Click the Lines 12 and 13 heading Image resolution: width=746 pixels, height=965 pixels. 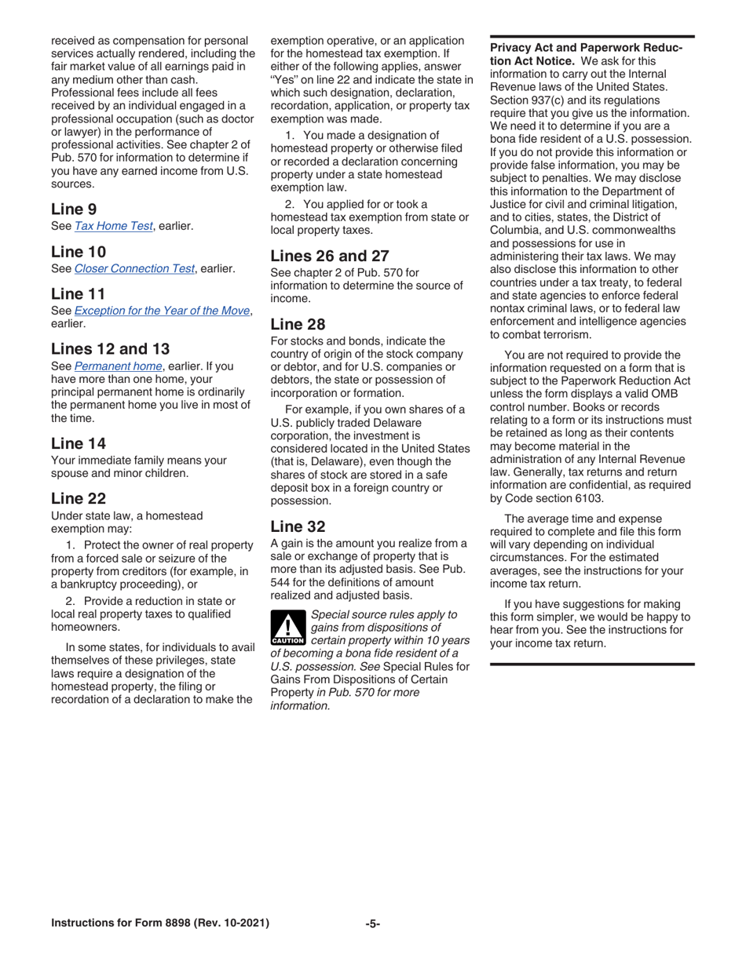pyautogui.click(x=110, y=348)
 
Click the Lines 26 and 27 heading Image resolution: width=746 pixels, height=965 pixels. pyautogui.click(x=330, y=255)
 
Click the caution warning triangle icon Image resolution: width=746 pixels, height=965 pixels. pyautogui.click(x=287, y=627)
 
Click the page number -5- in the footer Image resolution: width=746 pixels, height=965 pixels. pyautogui.click(x=373, y=923)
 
